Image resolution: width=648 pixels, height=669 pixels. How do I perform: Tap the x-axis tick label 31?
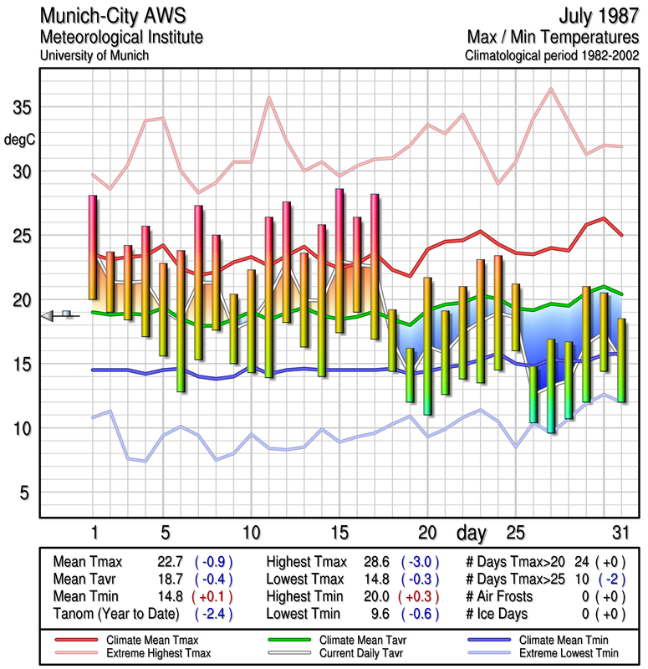(x=620, y=531)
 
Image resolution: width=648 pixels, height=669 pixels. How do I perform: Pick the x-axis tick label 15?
(x=339, y=531)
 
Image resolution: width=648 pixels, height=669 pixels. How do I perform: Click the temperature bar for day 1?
(x=93, y=247)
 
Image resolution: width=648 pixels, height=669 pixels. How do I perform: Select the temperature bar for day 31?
(x=621, y=360)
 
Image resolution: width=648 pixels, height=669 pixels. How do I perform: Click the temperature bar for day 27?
(x=551, y=386)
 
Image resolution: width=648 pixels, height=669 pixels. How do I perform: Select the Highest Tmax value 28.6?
(x=380, y=562)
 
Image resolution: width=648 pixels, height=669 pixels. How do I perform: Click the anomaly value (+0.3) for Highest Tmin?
(x=421, y=597)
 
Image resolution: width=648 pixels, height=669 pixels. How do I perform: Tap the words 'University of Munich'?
(x=94, y=56)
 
